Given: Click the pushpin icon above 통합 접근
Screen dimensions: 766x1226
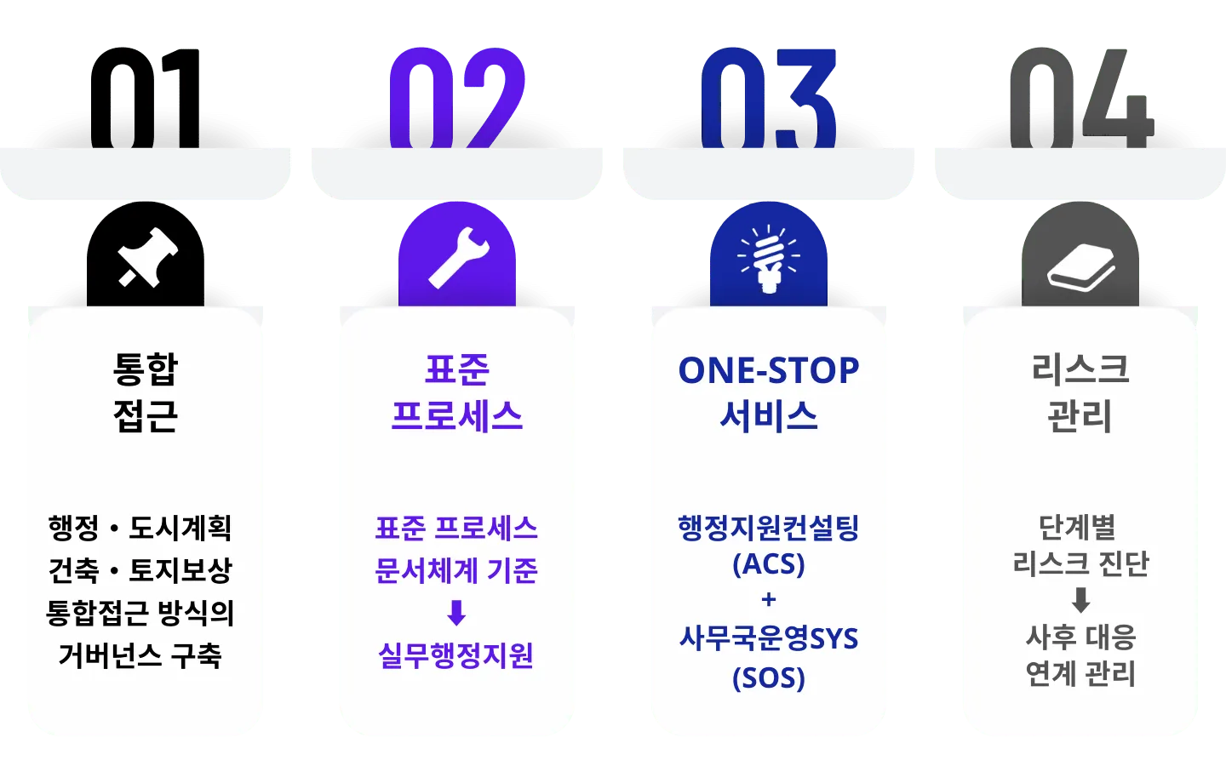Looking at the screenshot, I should (146, 257).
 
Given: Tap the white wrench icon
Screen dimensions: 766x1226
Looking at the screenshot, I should (458, 257).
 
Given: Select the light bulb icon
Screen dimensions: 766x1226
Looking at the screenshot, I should (769, 258).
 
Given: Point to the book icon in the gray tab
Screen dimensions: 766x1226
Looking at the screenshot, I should (1080, 267).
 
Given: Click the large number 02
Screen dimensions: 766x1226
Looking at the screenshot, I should (456, 98).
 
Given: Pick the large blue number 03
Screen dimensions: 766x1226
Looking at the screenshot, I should (769, 98).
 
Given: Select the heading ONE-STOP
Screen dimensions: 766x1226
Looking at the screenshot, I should (769, 371).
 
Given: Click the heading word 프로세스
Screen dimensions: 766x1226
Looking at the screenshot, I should (457, 416).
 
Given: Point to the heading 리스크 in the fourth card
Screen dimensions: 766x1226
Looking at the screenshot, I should (1080, 369).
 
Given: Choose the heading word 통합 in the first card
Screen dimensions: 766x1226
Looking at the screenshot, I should (146, 369).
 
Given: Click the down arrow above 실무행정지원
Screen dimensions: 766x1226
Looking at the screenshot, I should (456, 613).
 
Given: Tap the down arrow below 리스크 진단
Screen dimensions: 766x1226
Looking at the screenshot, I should (1080, 600).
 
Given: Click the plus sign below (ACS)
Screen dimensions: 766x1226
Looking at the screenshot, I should (769, 600).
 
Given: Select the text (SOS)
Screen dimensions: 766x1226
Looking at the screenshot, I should (769, 677).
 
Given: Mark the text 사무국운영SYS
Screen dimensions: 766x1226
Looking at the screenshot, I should (769, 638).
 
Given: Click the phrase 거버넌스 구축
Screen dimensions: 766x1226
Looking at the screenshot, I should (140, 655).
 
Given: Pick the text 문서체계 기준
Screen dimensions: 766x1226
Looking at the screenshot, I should (456, 570).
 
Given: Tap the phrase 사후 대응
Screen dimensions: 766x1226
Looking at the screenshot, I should (1080, 637).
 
